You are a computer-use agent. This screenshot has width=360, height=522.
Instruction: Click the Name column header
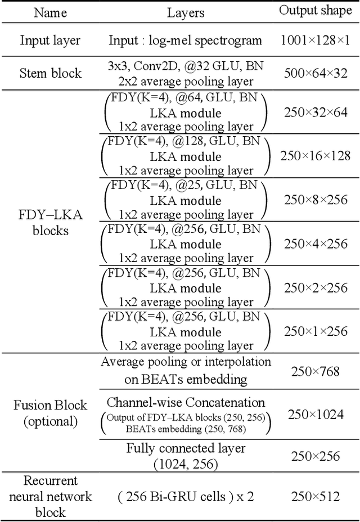click(x=51, y=12)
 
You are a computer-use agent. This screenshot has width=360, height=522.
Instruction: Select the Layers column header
click(x=186, y=12)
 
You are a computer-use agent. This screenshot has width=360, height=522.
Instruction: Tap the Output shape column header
click(x=316, y=11)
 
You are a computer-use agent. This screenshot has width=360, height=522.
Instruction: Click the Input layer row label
click(x=51, y=40)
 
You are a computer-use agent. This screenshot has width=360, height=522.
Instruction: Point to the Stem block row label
click(x=51, y=73)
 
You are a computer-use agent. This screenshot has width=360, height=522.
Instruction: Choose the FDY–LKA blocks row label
click(x=51, y=223)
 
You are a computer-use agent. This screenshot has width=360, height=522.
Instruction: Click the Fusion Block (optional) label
click(x=51, y=413)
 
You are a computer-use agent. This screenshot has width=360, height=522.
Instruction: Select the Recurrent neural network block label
click(x=51, y=496)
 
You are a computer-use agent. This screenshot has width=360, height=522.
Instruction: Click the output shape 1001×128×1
click(x=316, y=40)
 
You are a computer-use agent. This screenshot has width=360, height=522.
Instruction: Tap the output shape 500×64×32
click(x=316, y=73)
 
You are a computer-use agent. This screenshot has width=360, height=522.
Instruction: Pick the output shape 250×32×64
click(x=316, y=112)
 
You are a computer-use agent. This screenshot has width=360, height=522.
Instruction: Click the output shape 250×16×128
click(x=316, y=156)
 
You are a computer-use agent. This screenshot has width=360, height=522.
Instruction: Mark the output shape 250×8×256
click(x=316, y=200)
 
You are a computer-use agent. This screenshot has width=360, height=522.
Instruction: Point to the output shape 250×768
click(x=316, y=371)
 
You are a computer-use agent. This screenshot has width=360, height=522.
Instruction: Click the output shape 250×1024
click(x=316, y=415)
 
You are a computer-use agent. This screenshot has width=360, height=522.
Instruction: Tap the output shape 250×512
click(x=316, y=496)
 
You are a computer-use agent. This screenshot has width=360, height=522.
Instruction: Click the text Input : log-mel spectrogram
click(x=186, y=40)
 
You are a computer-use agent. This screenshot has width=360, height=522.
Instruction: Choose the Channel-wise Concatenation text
click(x=186, y=403)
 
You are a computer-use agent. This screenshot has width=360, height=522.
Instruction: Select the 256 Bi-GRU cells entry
click(x=186, y=496)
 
